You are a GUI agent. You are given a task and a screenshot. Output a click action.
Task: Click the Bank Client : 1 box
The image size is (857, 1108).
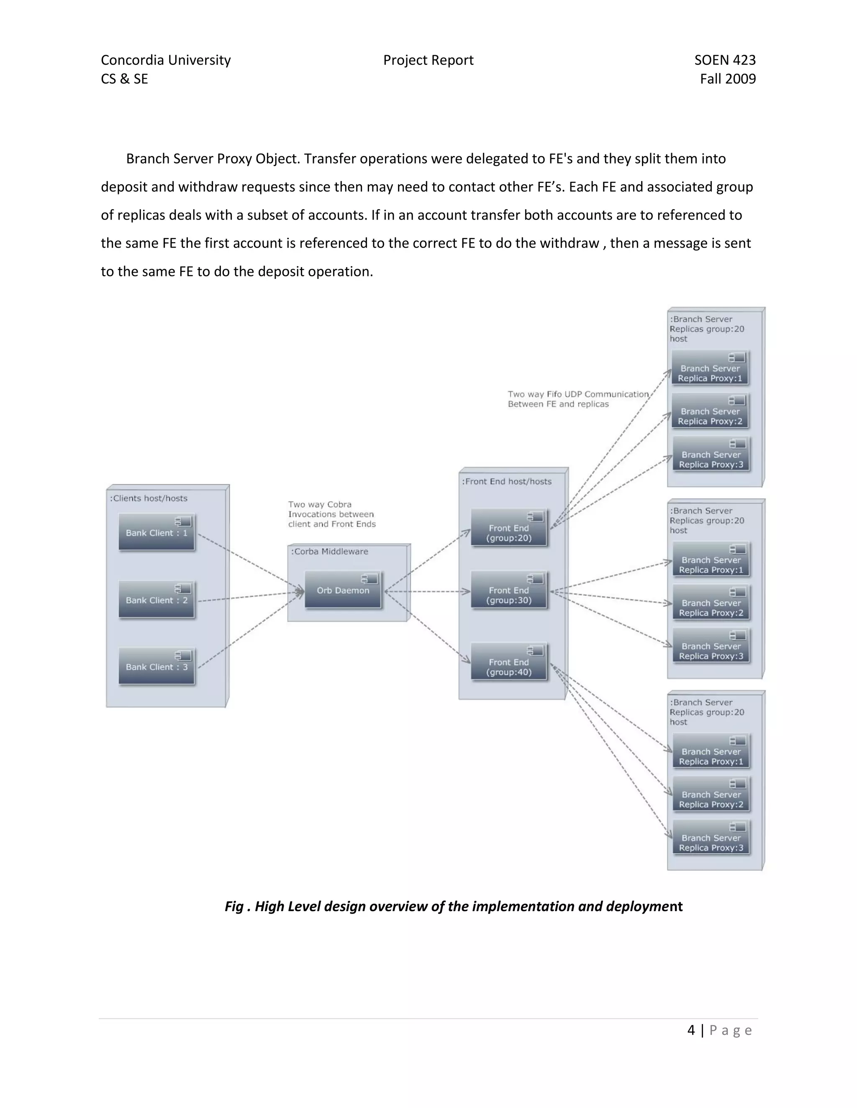[157, 532]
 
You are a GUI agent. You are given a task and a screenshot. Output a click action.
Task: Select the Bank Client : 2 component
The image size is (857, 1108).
[157, 600]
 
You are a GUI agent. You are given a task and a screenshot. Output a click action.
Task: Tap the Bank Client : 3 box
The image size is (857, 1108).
[157, 666]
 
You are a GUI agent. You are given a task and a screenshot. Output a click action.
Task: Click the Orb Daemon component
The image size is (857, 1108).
[343, 590]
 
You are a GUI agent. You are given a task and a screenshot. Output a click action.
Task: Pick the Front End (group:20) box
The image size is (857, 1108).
[509, 528]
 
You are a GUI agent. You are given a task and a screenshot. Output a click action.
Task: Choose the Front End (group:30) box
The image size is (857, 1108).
[509, 590]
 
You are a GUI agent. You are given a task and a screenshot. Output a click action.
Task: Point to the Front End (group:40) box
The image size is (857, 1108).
[509, 662]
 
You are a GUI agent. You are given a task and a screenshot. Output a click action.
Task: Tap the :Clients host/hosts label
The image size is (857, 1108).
[149, 498]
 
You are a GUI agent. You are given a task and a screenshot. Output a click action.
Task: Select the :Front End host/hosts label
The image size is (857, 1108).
[507, 481]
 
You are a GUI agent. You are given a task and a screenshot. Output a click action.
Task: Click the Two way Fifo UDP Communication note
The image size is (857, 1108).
[578, 399]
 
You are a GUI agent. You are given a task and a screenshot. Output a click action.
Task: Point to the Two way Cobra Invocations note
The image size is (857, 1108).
[331, 514]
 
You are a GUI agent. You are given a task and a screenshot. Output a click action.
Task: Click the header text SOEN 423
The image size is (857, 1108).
[724, 60]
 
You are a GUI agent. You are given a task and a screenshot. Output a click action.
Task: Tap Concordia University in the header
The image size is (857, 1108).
[166, 60]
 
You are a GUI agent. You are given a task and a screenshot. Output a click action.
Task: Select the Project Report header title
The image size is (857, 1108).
[428, 60]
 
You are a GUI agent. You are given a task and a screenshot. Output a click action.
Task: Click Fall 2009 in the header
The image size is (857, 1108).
[728, 79]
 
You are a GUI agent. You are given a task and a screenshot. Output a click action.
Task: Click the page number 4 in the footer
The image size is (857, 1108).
[691, 1030]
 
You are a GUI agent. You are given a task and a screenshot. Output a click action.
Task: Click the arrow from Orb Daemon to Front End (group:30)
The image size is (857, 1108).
[428, 591]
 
